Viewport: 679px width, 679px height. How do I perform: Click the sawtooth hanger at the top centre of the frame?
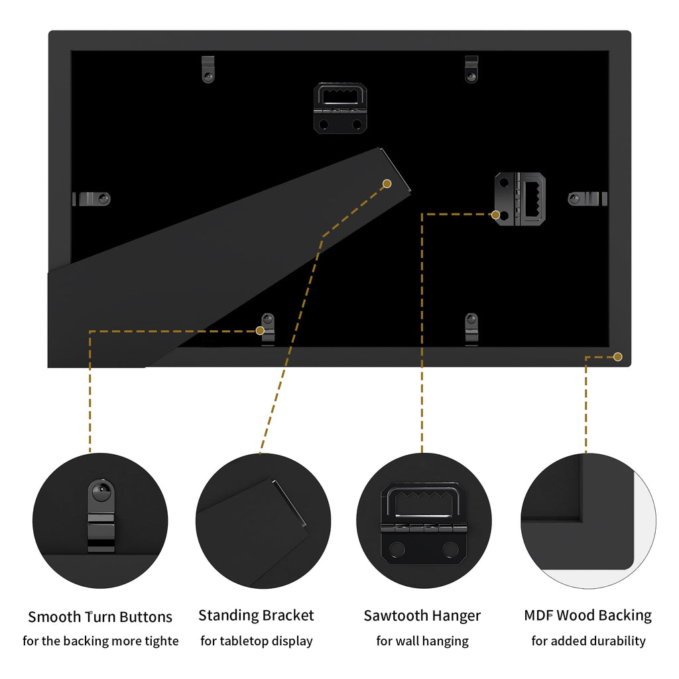click(x=340, y=108)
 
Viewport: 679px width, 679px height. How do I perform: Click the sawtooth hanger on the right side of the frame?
click(x=520, y=199)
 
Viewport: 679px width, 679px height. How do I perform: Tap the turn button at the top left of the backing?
click(x=208, y=69)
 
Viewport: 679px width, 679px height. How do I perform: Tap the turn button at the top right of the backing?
click(x=471, y=69)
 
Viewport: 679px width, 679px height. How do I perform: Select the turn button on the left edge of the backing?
click(x=92, y=199)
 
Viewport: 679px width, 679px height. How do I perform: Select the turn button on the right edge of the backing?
click(x=587, y=199)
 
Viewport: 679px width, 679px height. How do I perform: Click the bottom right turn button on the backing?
click(x=471, y=330)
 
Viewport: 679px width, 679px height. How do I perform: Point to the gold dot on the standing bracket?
click(x=387, y=184)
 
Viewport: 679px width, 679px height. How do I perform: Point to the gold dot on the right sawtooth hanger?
click(x=496, y=214)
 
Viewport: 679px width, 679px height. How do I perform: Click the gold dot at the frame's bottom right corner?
click(x=618, y=357)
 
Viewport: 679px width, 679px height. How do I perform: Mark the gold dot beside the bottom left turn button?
click(x=260, y=331)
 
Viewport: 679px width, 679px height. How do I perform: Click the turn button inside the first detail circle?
click(x=101, y=515)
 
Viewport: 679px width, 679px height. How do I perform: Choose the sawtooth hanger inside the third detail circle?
click(x=424, y=523)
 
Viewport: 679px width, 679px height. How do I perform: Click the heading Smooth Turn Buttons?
click(x=100, y=617)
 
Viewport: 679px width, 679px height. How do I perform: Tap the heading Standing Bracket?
click(x=256, y=615)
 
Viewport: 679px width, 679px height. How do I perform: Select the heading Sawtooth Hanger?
click(x=422, y=616)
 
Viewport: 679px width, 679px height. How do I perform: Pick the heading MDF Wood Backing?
click(x=587, y=615)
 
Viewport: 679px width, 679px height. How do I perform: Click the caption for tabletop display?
click(x=257, y=641)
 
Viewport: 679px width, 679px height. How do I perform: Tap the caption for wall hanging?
click(x=422, y=641)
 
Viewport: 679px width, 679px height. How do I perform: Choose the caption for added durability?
click(x=589, y=641)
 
